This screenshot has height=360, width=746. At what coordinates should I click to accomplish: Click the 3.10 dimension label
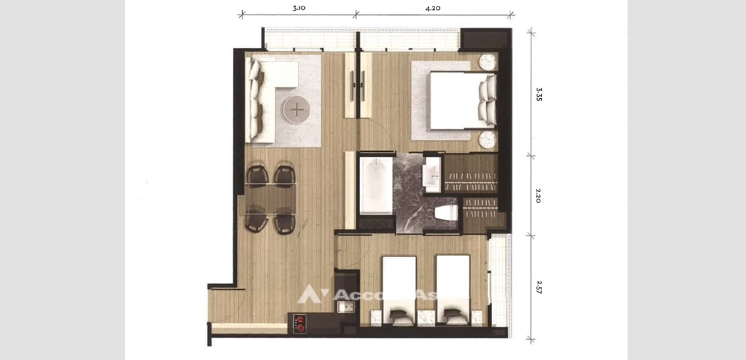point(298,9)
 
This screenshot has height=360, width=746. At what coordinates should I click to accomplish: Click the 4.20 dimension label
point(433,9)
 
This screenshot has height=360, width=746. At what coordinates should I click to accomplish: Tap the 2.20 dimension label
point(539,196)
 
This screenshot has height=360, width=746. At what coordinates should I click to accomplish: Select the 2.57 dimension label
point(539,287)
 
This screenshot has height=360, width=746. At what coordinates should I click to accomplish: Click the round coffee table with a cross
point(297,109)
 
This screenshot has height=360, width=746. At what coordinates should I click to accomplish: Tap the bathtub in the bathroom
point(376,184)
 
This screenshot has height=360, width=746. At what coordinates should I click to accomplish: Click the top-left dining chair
point(257,175)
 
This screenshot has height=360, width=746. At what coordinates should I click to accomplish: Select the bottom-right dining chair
point(284,221)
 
